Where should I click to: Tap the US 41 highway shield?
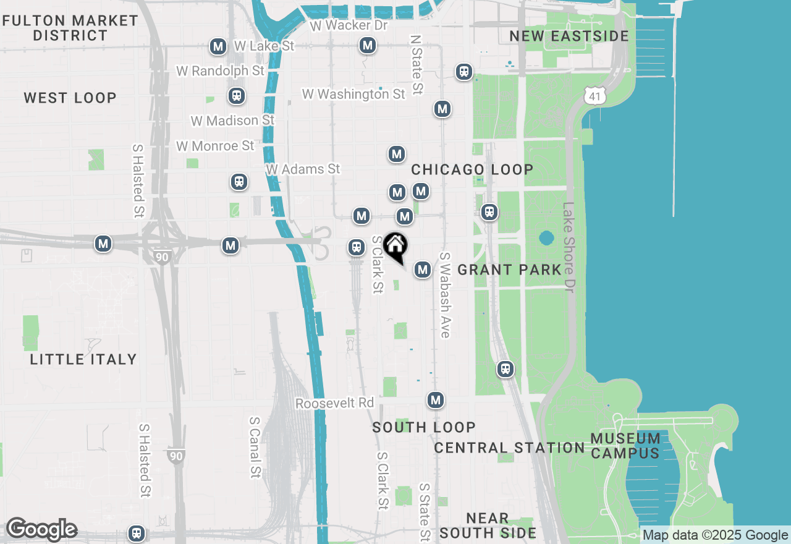594,95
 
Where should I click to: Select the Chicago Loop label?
472,169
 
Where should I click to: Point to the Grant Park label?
510,270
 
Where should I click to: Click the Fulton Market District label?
70,28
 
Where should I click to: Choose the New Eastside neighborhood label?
569,36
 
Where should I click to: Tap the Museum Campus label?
625,446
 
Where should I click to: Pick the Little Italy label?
83,359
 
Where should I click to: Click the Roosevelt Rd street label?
335,403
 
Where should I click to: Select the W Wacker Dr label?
349,25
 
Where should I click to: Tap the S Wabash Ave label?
444,295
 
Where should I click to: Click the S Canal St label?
255,446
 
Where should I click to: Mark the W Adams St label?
303,169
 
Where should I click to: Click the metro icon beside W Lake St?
218,46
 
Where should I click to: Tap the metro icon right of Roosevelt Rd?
436,400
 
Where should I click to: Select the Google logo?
41,530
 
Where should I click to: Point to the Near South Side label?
488,525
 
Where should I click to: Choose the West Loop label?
70,98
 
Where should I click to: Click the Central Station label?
509,448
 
